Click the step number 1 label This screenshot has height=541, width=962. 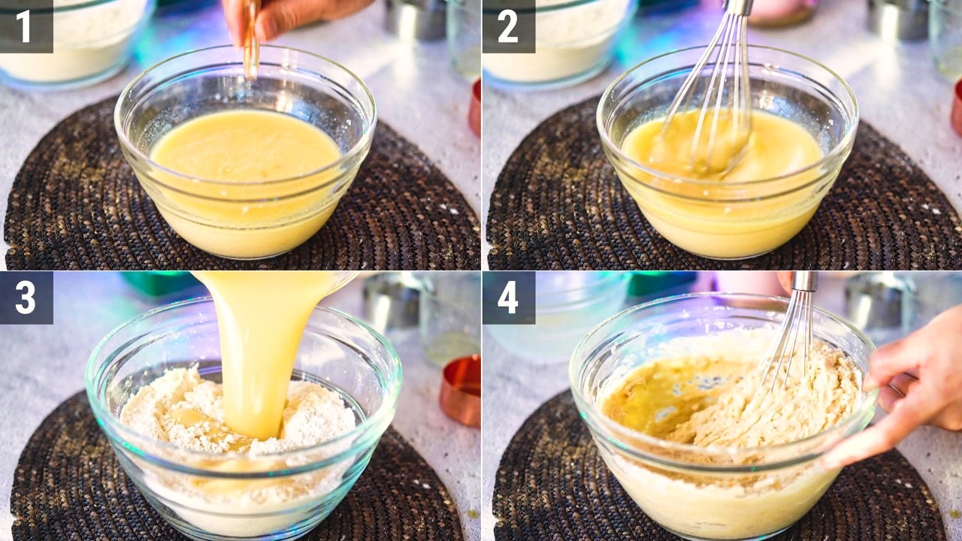point(23,26)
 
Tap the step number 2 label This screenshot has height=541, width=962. point(508,26)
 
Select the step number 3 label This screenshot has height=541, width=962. point(26,298)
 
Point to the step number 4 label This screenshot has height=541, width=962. point(508,298)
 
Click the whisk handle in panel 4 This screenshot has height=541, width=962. point(804,281)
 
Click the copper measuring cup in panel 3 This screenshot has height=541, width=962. point(461,391)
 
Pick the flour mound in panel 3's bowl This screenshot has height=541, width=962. point(236,413)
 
